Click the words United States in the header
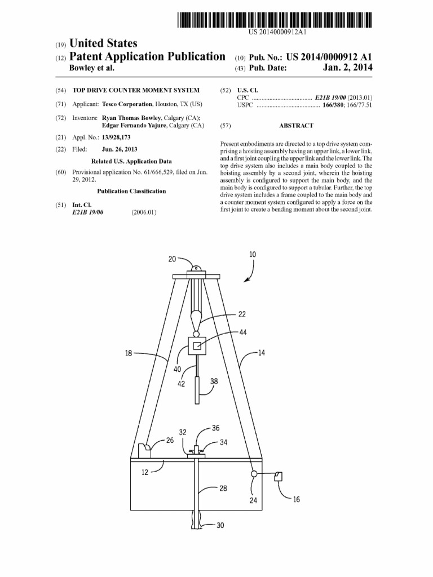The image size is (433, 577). (103, 43)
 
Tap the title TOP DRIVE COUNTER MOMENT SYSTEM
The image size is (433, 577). (136, 90)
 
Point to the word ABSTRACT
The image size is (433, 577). (296, 126)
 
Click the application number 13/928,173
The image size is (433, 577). (117, 137)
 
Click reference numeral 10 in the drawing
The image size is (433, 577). (253, 255)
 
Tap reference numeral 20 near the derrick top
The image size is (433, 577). (173, 259)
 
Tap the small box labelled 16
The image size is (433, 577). (278, 476)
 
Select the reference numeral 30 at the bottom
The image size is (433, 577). (220, 525)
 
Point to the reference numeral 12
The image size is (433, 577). (145, 472)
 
